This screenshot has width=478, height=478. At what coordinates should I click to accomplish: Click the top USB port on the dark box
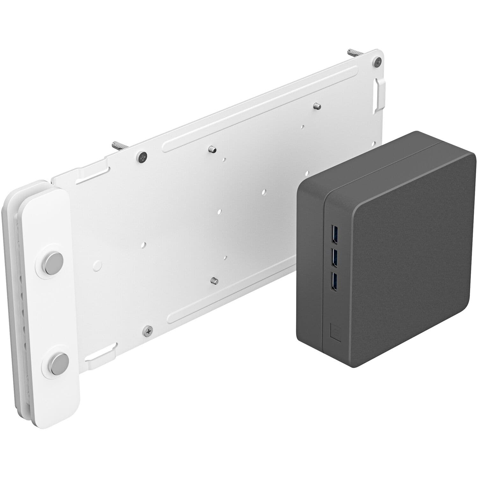point(334,233)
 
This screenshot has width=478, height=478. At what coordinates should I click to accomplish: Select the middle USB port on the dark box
point(334,257)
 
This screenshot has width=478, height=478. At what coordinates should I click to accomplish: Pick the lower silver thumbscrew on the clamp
point(59,364)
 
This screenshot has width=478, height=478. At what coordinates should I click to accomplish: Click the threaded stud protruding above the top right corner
point(354,53)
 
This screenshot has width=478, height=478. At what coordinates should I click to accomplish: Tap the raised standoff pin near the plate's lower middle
point(214,280)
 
